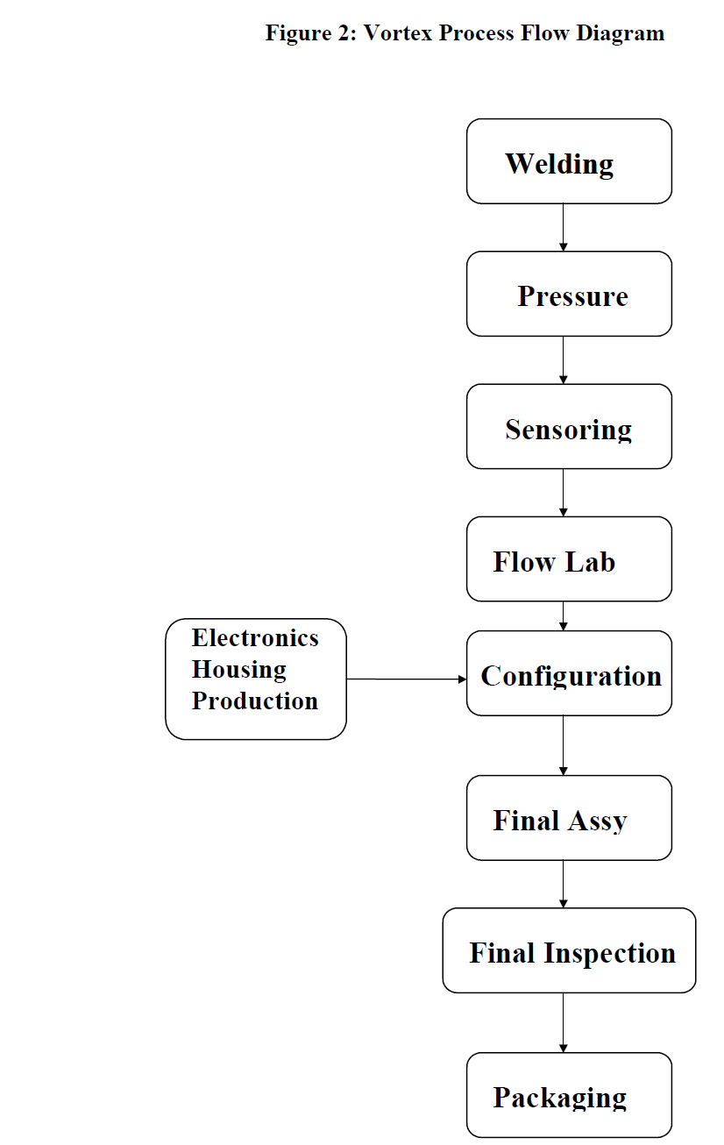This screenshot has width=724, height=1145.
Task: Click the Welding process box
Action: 569,162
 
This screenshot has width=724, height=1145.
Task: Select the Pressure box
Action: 569,295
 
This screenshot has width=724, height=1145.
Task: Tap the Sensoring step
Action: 569,427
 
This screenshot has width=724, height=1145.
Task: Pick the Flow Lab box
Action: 569,559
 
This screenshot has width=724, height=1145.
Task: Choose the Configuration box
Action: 569,674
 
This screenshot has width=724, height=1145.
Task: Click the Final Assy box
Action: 569,818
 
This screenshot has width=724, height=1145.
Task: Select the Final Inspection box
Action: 569,950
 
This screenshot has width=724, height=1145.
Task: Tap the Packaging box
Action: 569,1095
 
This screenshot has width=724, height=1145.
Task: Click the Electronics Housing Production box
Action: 256,679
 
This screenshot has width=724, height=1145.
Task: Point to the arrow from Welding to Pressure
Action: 563,228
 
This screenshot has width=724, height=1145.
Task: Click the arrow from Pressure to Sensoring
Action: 563,360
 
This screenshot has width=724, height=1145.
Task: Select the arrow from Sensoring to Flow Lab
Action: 563,493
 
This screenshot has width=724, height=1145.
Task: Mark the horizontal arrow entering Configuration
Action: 406,679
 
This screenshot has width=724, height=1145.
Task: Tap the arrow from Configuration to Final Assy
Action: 563,745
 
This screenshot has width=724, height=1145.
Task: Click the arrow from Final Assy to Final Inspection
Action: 563,884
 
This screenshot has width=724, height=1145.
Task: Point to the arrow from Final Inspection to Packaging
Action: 563,1023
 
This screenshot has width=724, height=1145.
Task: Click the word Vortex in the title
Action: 398,33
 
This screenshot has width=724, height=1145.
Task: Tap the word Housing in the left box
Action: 238,669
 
